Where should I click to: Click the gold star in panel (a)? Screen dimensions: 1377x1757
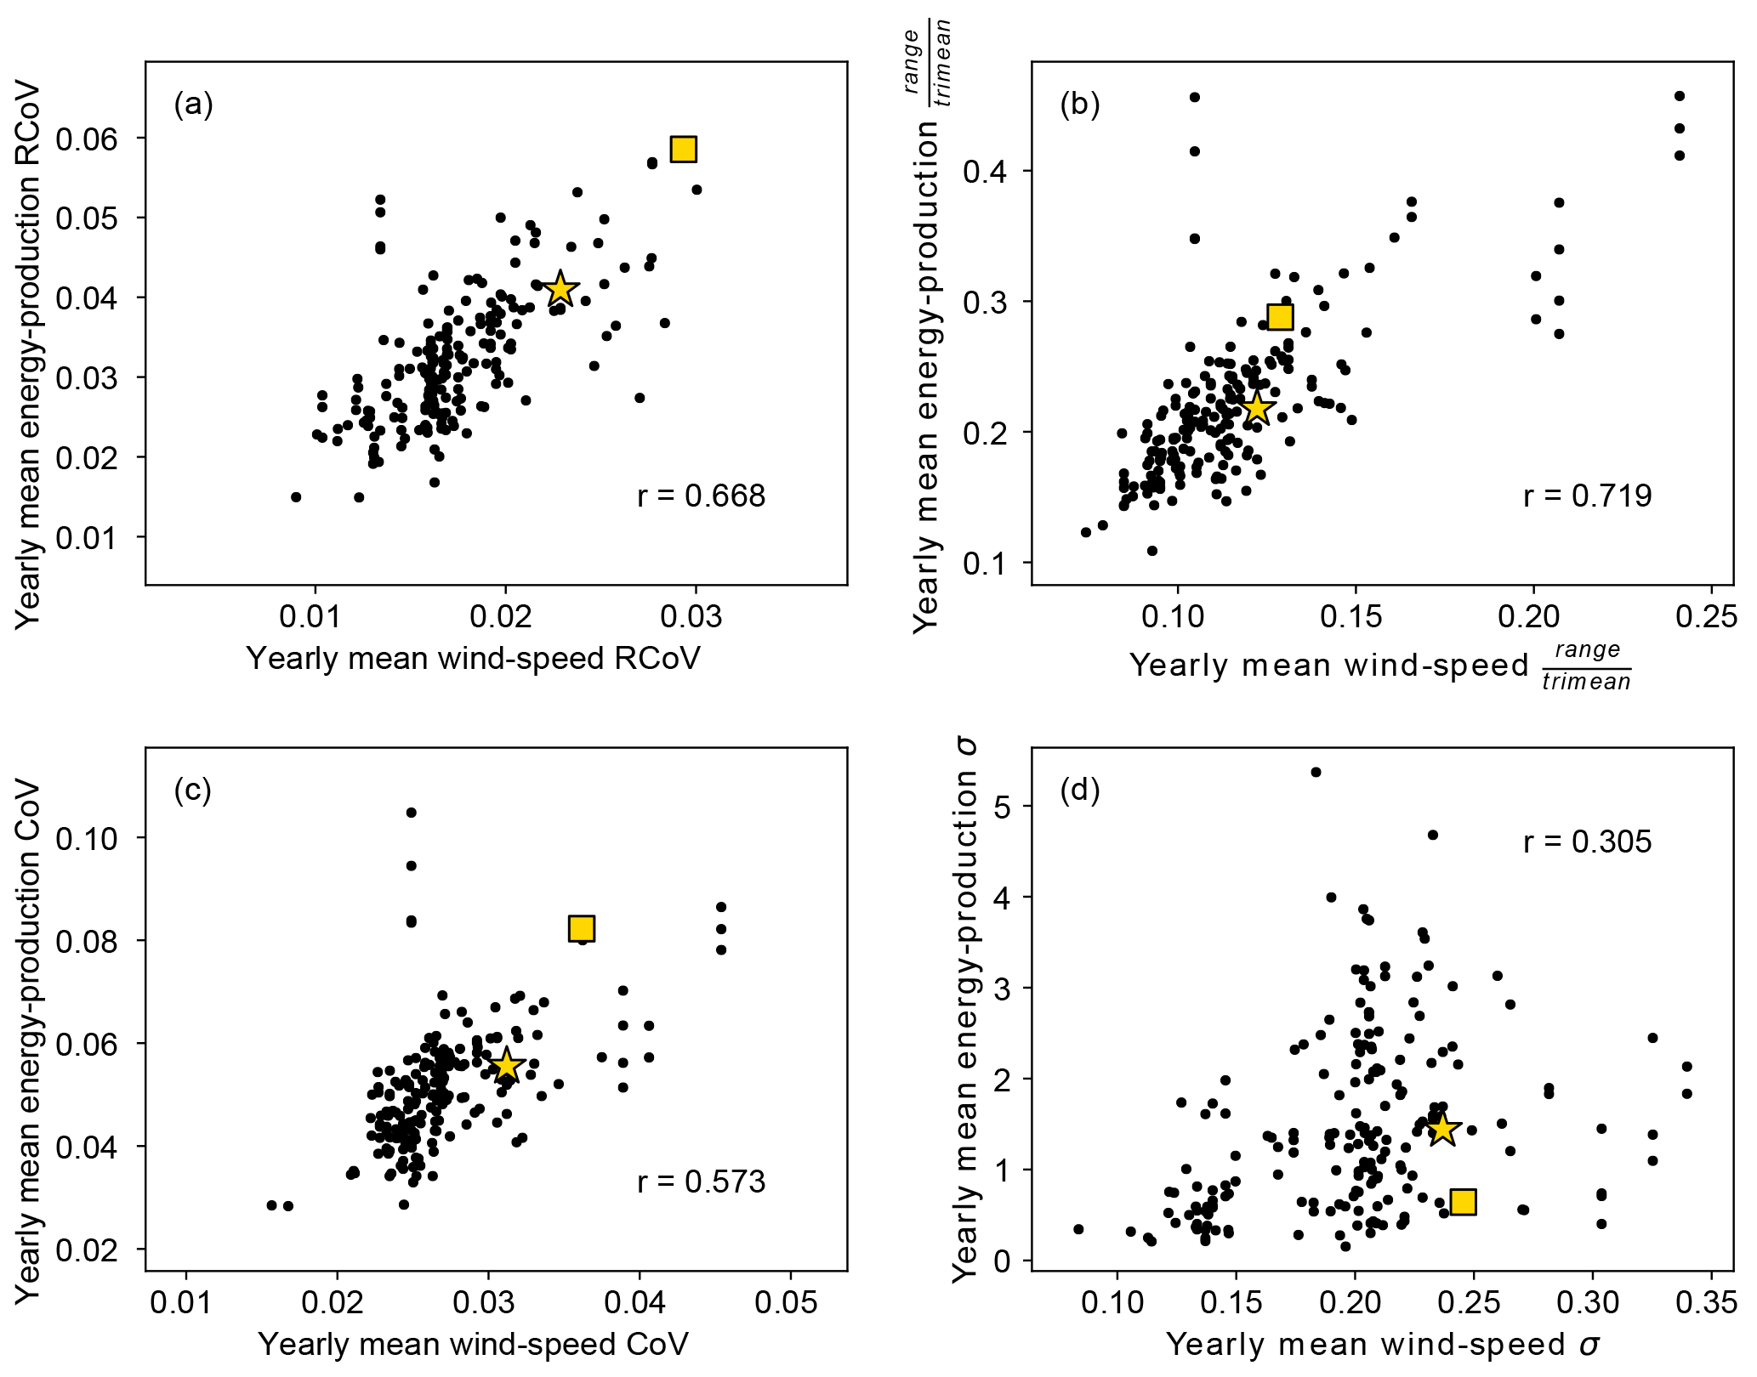pos(560,289)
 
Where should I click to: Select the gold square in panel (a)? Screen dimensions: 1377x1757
pos(683,149)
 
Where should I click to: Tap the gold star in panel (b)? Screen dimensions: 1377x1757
pos(1256,409)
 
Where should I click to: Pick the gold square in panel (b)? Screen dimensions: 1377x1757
pos(1280,317)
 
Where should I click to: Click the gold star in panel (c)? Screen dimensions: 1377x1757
pos(506,1065)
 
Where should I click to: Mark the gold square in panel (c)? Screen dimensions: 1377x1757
pos(581,928)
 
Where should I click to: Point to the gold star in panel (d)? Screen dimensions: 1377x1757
pos(1442,1130)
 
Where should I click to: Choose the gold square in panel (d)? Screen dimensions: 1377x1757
pos(1463,1201)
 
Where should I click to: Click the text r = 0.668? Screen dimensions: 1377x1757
pos(701,496)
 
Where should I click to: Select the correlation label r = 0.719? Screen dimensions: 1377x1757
pos(1587,496)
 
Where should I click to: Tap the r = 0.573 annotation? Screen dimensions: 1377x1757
pos(701,1181)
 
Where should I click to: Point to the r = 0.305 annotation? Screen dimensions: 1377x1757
pos(1587,841)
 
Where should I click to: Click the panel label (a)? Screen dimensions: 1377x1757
pos(193,105)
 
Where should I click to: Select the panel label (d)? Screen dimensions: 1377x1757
pos(1079,790)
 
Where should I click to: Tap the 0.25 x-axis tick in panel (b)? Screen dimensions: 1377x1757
pos(1706,616)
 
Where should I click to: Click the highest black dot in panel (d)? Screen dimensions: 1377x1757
pos(1316,772)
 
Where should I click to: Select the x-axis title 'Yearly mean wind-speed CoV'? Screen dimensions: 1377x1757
pos(473,1344)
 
